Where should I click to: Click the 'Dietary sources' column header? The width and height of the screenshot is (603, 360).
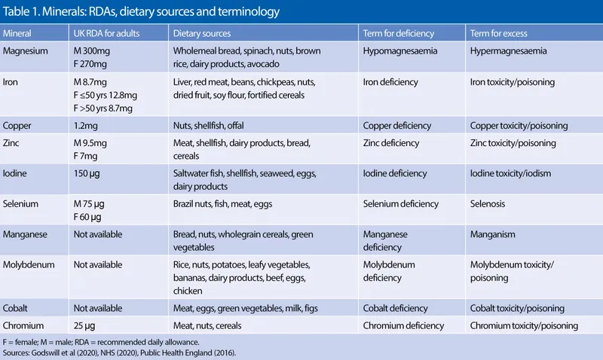coord(202,34)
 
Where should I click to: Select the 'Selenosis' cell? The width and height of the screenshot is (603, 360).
coord(490,204)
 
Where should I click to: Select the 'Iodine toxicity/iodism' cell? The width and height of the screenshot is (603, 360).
coord(510,173)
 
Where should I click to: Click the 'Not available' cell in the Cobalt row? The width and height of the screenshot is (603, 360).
coord(101,307)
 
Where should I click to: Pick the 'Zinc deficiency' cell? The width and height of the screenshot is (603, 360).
coord(391,143)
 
